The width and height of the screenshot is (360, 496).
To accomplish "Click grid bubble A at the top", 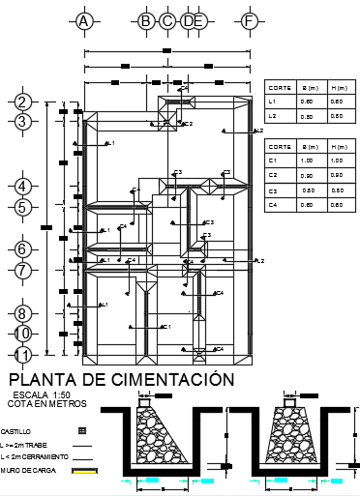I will click(84, 20).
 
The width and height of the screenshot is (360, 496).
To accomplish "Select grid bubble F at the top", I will click(250, 20).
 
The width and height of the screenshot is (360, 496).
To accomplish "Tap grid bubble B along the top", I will click(146, 20).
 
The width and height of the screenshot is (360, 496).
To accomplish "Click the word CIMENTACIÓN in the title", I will click(170, 379).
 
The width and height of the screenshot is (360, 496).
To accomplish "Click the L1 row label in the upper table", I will click(273, 101).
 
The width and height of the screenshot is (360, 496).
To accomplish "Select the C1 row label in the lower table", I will click(273, 160).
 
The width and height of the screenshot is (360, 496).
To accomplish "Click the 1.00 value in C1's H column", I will click(335, 160).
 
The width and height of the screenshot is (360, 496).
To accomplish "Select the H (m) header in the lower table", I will click(336, 146).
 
